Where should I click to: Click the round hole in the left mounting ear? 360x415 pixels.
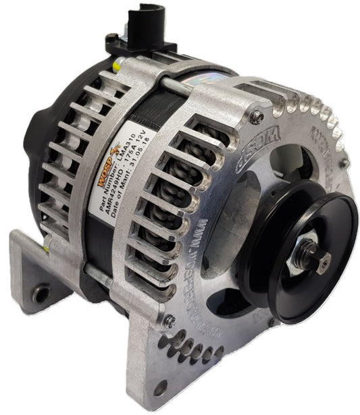(42, 294)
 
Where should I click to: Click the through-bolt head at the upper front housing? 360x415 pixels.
(255, 117)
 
